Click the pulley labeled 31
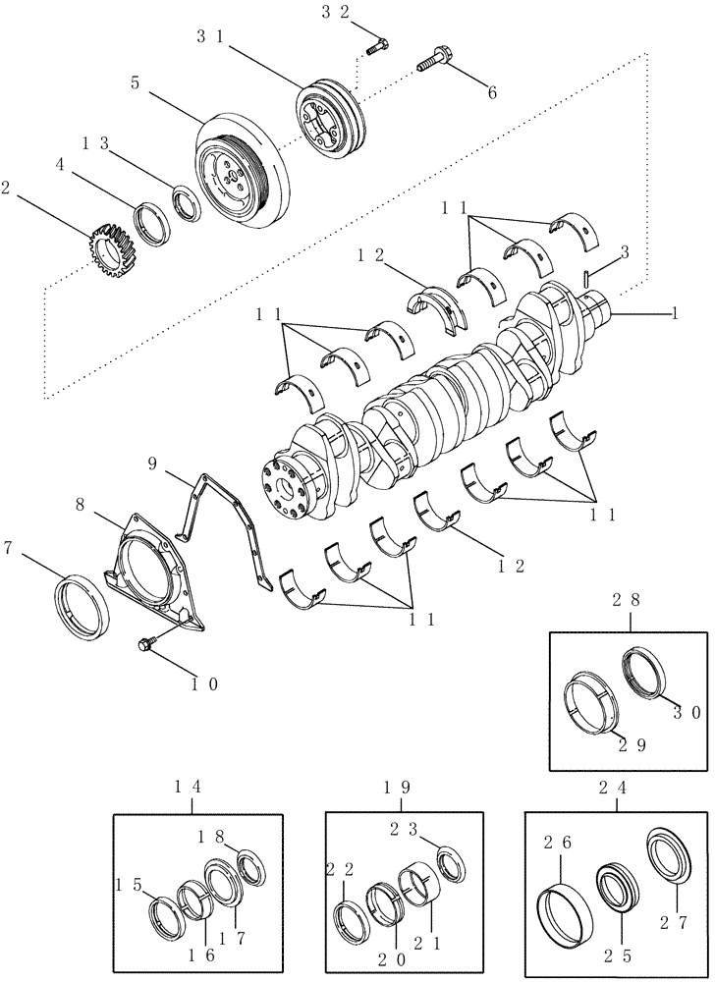pyautogui.click(x=330, y=123)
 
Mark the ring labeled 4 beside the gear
pyautogui.click(x=154, y=222)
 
